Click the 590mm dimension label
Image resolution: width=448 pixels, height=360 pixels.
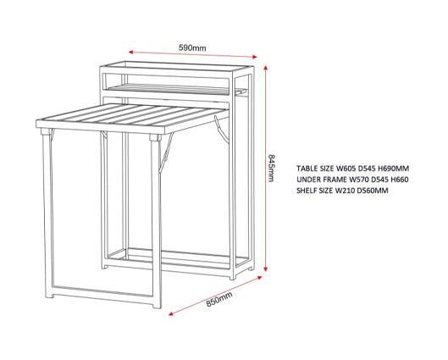tap(192, 47)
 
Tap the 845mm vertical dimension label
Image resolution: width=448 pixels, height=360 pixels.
tap(271, 168)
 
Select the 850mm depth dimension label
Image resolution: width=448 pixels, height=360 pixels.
tap(219, 299)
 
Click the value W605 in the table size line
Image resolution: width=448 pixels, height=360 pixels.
tap(346, 169)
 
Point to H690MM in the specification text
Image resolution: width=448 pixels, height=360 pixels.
tap(394, 169)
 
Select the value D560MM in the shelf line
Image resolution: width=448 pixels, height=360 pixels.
tap(373, 191)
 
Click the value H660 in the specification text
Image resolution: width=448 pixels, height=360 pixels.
tap(400, 180)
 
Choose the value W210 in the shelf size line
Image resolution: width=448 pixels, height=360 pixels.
tap(346, 191)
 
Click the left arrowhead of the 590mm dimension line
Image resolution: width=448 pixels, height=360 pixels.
tap(131, 52)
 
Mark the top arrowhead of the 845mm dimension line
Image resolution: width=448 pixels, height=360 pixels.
tap(266, 68)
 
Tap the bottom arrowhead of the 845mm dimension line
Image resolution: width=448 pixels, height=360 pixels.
tap(266, 269)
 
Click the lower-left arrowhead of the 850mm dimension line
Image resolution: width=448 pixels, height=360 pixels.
tap(171, 314)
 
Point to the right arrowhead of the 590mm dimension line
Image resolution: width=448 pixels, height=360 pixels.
tap(255, 57)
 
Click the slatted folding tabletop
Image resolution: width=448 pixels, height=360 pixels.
tap(133, 119)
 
